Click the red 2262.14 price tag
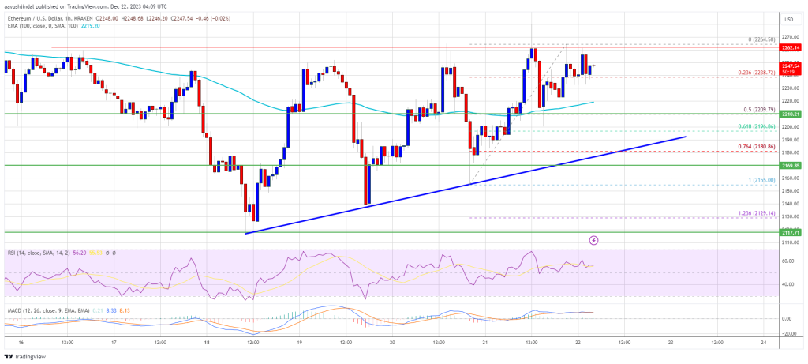click(x=791, y=47)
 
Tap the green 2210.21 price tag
click(x=791, y=114)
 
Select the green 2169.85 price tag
click(x=791, y=166)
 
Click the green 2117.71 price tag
click(x=791, y=233)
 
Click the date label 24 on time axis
click(x=763, y=342)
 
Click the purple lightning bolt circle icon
click(x=593, y=239)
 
